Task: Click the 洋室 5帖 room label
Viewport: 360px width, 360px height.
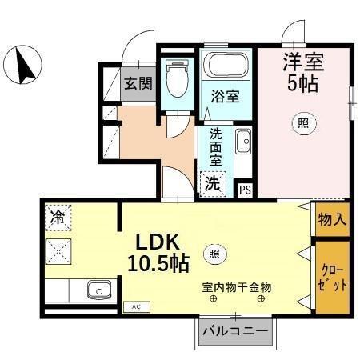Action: tap(302, 71)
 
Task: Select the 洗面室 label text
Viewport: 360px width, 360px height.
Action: tap(215, 146)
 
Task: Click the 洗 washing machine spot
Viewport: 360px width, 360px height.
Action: tap(212, 183)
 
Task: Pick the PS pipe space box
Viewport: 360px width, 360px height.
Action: tap(245, 190)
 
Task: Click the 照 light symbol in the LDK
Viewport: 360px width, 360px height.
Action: tap(214, 254)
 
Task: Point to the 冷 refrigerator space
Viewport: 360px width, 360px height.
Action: tap(58, 215)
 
